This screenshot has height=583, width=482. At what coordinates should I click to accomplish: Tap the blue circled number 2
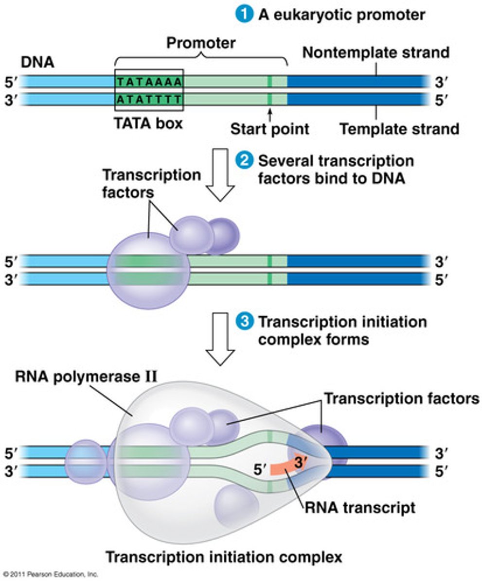pos(242,161)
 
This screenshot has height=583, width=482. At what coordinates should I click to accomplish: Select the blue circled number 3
pos(242,322)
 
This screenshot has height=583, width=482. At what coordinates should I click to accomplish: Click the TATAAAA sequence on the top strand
pos(149,81)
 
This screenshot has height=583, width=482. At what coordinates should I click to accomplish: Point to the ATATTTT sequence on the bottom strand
pos(149,100)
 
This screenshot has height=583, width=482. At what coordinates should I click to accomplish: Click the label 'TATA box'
pos(148,123)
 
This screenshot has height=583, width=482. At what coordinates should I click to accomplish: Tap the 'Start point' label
pos(269,129)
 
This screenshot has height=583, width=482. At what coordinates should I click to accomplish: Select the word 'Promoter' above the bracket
pos(201,43)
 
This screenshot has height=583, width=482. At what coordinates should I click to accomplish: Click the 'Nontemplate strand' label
pos(376,52)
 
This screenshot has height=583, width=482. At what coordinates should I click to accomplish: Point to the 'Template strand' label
pos(399,129)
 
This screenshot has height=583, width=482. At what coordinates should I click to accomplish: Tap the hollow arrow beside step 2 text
pos(221,175)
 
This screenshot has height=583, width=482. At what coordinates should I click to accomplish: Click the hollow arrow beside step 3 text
pos(221,339)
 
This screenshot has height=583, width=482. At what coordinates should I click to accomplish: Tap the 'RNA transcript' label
pos(360,508)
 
